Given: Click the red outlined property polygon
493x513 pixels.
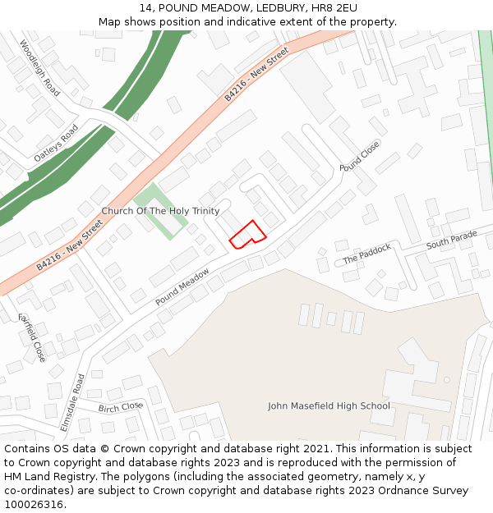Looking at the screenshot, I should click(247, 235).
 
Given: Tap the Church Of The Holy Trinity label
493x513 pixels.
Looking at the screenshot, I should click(160, 211).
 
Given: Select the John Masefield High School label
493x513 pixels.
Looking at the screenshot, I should click(329, 405).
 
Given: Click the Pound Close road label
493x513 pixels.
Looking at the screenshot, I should click(360, 156).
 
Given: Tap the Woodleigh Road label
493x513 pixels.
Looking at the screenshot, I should click(40, 68).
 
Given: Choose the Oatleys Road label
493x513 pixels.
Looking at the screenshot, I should click(56, 143).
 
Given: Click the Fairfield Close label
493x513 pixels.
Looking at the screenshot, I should click(32, 337).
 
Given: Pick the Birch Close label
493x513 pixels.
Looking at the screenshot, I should click(121, 407).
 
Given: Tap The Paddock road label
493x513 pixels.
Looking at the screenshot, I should click(366, 254).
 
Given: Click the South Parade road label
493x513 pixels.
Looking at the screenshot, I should click(451, 240).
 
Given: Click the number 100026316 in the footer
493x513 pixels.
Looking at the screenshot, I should click(35, 504).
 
